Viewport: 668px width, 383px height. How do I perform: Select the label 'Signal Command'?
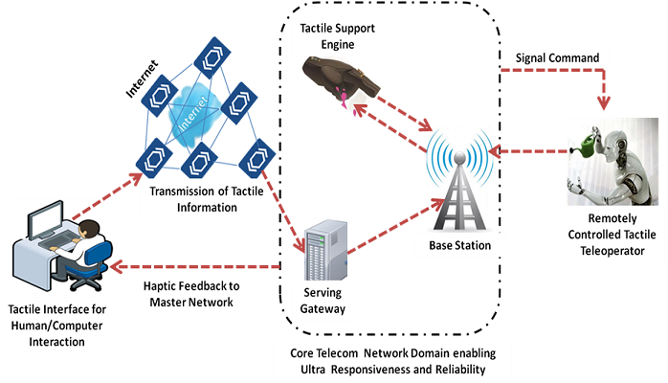point(557,58)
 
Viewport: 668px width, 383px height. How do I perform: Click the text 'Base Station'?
point(460,246)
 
